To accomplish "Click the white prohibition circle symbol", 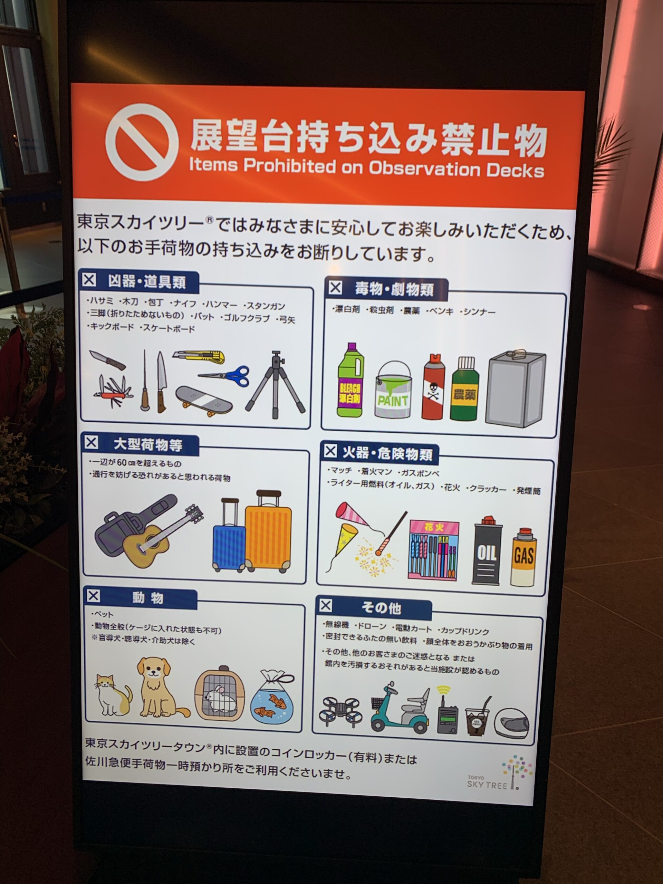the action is click(142, 142).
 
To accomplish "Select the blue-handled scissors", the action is click(225, 376).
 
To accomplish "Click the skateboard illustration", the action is click(204, 401).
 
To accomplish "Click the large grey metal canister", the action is click(516, 389).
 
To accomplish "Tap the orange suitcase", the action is click(268, 531).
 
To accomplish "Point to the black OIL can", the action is click(487, 550).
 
